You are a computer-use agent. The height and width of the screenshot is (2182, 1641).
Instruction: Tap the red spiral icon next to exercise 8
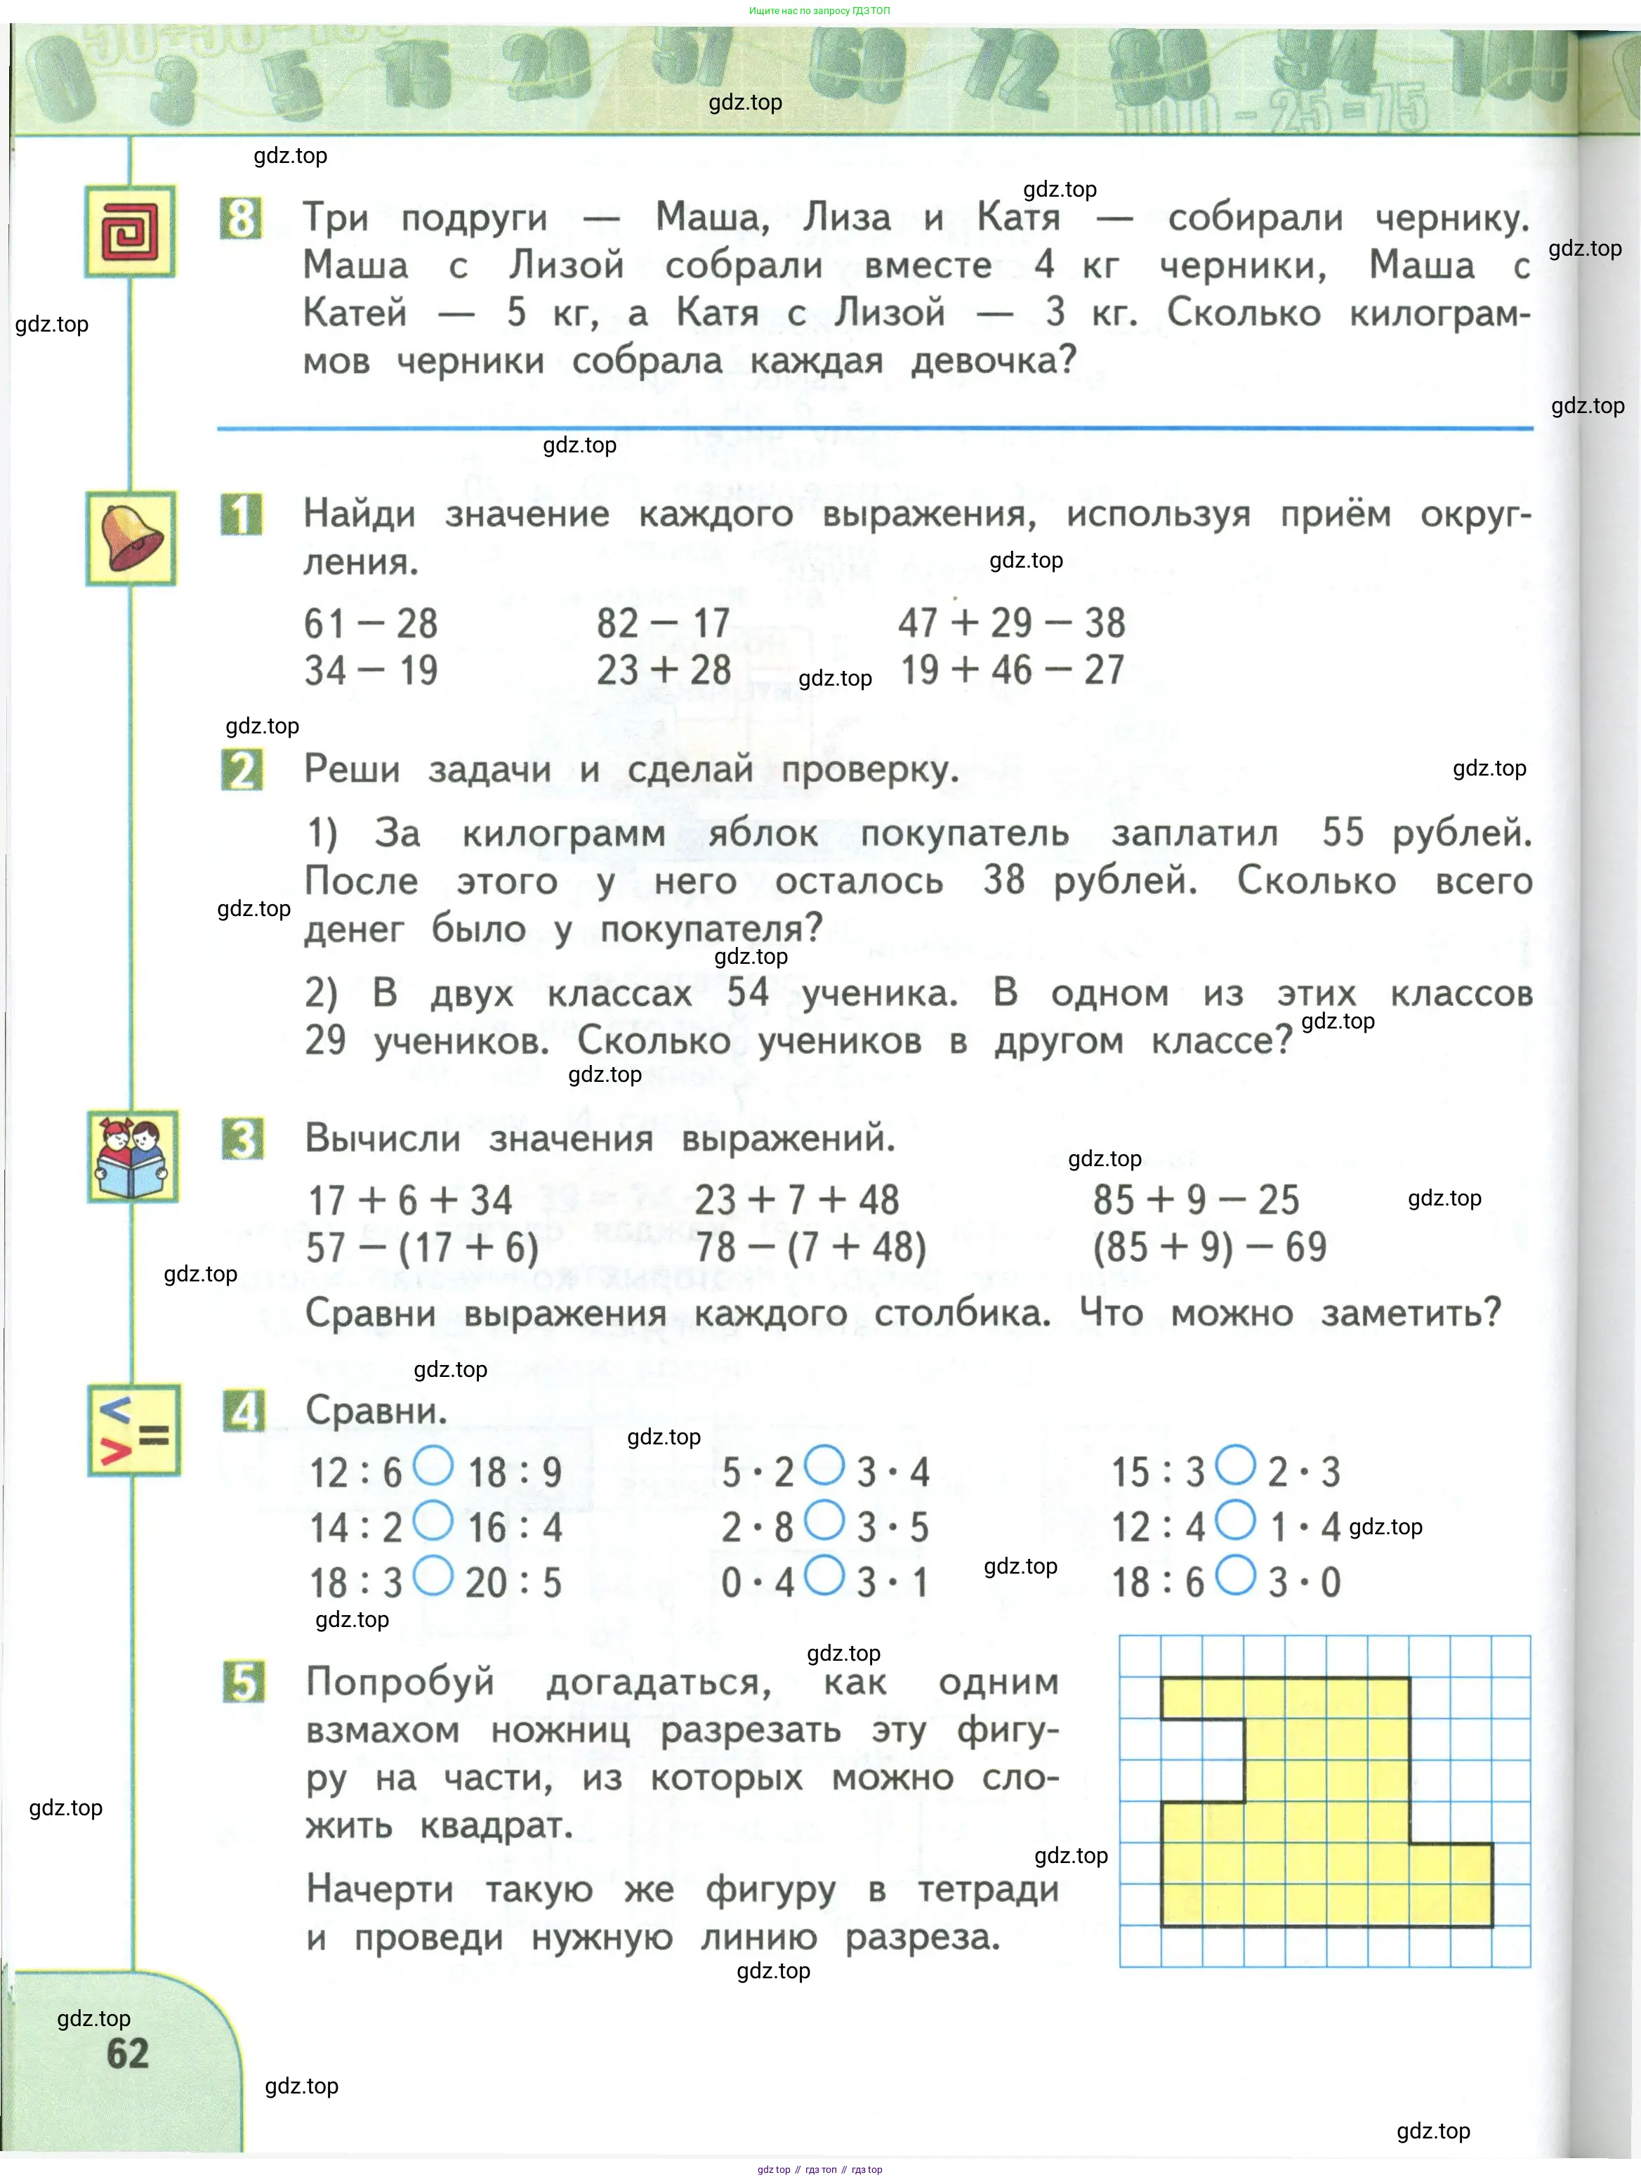(130, 232)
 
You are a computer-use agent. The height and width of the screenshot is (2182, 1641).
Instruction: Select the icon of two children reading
(132, 1156)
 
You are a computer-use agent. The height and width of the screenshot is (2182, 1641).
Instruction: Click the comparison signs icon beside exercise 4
(133, 1430)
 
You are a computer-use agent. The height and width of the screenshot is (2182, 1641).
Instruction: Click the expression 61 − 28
(370, 623)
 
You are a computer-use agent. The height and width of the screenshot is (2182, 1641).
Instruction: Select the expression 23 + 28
(664, 671)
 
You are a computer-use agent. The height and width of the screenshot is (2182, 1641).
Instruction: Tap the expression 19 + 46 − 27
(1012, 671)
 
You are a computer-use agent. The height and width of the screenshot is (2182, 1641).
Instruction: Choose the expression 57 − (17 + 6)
(422, 1248)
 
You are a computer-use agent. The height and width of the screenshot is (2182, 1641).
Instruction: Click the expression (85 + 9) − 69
(1209, 1248)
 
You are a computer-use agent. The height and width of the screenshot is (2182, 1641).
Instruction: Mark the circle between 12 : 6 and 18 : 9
(432, 1466)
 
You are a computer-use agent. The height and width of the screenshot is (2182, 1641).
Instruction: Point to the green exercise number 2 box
(242, 769)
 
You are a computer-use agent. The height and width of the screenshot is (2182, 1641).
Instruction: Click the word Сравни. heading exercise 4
(376, 1411)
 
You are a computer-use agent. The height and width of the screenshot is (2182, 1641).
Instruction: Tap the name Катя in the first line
(1017, 217)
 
